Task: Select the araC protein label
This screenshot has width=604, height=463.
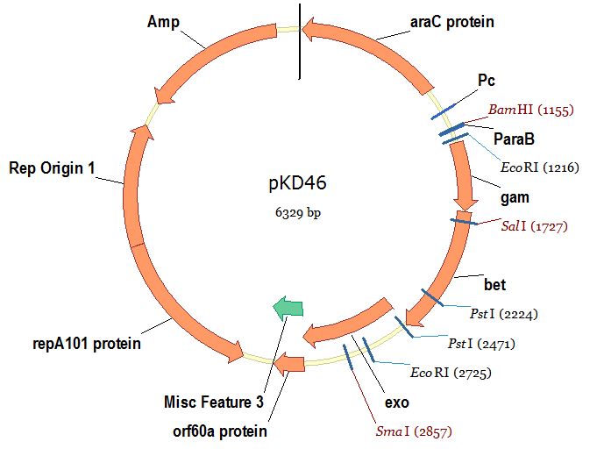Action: (x=451, y=21)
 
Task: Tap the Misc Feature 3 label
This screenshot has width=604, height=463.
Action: (x=213, y=402)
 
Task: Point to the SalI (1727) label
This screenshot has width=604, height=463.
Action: (x=534, y=226)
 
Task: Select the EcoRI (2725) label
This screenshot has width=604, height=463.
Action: (x=450, y=373)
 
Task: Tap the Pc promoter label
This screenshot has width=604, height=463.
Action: (x=487, y=81)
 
